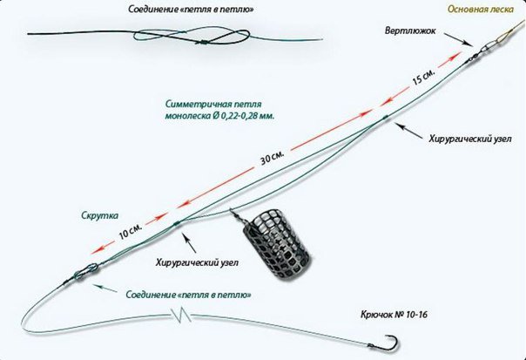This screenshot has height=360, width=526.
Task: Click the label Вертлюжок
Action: coord(410,31)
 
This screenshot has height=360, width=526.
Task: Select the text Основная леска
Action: coord(481,9)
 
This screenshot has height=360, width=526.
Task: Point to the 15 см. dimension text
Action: coord(424,78)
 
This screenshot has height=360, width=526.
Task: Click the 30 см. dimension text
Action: coord(273,157)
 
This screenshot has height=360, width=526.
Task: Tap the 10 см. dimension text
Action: coord(131,231)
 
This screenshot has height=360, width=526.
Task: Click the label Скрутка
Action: coord(100,215)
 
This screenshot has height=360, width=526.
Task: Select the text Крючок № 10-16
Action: coord(394,315)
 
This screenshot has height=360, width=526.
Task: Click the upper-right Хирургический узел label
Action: coord(470,139)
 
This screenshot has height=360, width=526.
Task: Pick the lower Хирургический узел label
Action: coord(197,262)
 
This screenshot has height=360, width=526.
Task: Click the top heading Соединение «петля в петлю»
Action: coord(191,10)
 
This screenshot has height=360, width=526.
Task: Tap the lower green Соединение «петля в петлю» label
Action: coord(188,295)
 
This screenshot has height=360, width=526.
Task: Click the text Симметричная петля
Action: coord(213,104)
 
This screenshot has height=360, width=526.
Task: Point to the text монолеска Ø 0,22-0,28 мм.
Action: coord(219,117)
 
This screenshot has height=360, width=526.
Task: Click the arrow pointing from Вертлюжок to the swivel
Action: coord(455,38)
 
